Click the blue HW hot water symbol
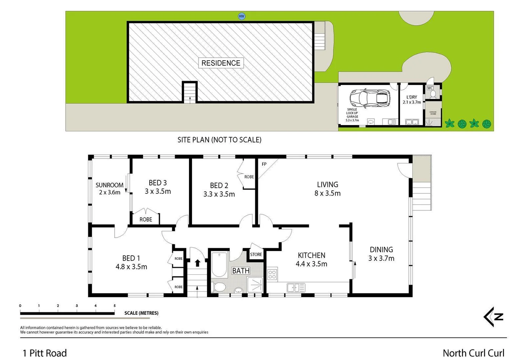[x=241, y=16]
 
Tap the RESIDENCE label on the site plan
[x=221, y=63]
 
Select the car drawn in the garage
[x=370, y=98]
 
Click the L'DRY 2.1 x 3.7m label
[x=412, y=100]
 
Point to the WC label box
[x=430, y=88]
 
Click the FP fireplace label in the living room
[x=264, y=164]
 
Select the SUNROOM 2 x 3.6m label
[x=109, y=189]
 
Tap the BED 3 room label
[x=158, y=187]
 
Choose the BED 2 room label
[x=219, y=190]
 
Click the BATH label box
[x=241, y=271]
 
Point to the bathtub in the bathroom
[x=219, y=265]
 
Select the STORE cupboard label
[x=256, y=254]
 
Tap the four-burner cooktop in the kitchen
[x=272, y=274]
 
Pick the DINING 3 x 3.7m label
[x=381, y=254]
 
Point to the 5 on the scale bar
[x=114, y=306]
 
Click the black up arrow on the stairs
[x=197, y=263]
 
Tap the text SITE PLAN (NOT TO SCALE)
[x=219, y=140]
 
